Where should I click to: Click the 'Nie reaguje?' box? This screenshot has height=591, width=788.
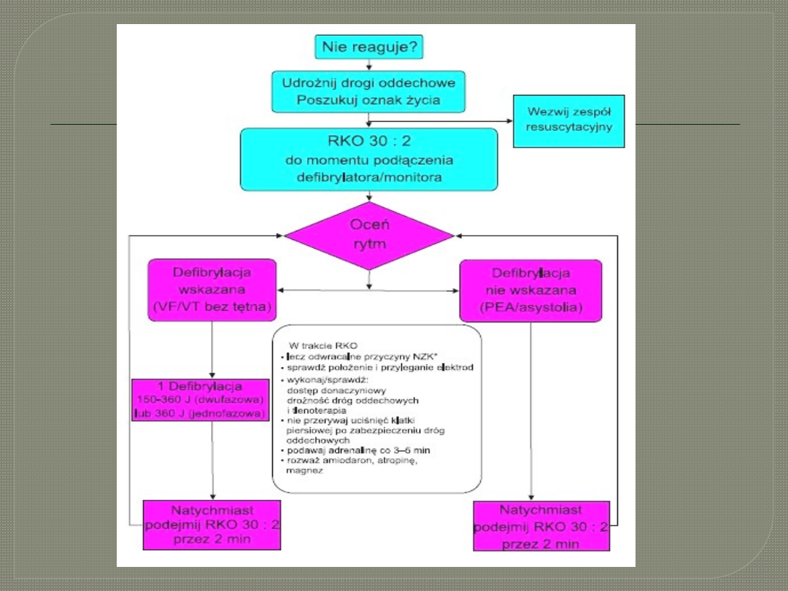tap(369, 48)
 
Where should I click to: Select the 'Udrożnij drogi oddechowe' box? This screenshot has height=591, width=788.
tap(368, 82)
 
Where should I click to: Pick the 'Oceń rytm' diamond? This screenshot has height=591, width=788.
tap(368, 235)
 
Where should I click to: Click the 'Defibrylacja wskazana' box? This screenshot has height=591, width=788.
tap(212, 290)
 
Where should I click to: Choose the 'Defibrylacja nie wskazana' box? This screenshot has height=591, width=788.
tap(530, 290)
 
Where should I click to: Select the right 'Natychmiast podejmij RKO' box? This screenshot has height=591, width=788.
tap(541, 525)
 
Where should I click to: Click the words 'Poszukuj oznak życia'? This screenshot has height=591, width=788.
tap(368, 100)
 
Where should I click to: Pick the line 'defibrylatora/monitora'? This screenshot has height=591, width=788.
tap(368, 177)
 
